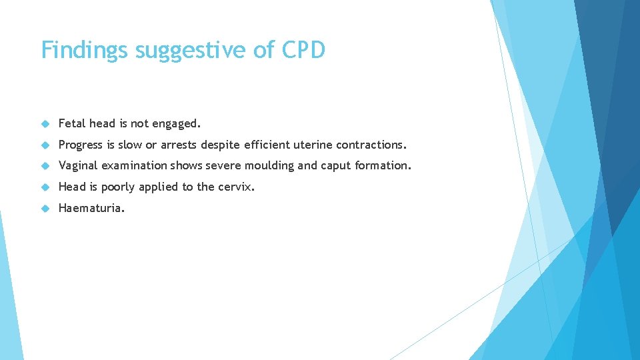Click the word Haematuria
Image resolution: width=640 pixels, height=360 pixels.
tap(91, 208)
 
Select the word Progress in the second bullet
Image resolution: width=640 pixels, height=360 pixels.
tap(81, 145)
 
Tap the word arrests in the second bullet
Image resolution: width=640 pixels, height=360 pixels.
tap(178, 145)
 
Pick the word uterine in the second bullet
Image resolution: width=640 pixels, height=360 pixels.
tap(312, 145)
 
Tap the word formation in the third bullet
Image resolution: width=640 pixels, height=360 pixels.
tap(383, 166)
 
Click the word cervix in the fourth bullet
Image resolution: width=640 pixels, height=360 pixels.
tap(236, 187)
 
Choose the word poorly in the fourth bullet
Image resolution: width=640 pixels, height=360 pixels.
tap(117, 187)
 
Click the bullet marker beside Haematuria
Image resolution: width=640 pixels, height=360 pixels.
tap(45, 209)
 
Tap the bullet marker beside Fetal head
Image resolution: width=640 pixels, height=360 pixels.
tap(45, 124)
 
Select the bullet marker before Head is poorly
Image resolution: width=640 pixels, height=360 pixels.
tap(45, 187)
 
